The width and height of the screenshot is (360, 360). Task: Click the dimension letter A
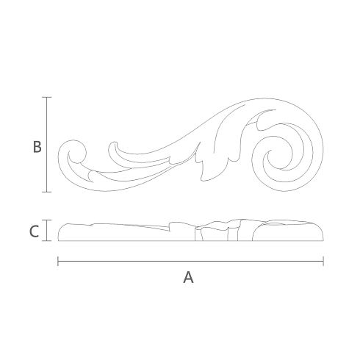point(188,278)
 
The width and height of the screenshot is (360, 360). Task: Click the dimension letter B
point(37,147)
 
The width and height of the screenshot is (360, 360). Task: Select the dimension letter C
point(34,231)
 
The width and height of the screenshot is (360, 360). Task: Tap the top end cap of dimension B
point(46,97)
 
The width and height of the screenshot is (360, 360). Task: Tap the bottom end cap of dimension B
point(46,192)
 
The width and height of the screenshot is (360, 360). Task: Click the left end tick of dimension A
point(58,261)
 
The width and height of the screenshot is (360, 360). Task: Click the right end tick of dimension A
point(323,261)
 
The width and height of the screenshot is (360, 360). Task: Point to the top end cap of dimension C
point(46,220)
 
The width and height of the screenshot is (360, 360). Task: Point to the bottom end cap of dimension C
point(46,241)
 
